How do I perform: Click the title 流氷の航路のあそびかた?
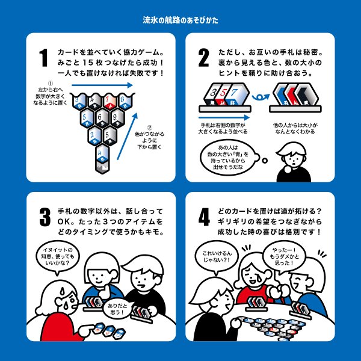pyautogui.click(x=180, y=20)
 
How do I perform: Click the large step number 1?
pyautogui.click(x=43, y=58)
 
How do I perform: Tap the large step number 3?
pyautogui.click(x=45, y=217)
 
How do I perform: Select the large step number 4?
pyautogui.click(x=204, y=217)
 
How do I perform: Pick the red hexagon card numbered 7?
pyautogui.click(x=110, y=102)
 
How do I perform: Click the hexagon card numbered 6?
pyautogui.click(x=102, y=118)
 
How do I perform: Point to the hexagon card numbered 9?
pyautogui.click(x=117, y=118)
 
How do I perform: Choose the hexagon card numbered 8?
pyautogui.click(x=126, y=102)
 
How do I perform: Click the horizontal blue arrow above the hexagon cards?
pyautogui.click(x=102, y=85)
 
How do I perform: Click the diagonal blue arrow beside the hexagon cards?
pyautogui.click(x=128, y=136)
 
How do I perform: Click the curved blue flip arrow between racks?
pyautogui.click(x=261, y=97)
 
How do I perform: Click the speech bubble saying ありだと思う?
pyautogui.click(x=117, y=309)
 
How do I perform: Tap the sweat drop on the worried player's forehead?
pyautogui.click(x=62, y=292)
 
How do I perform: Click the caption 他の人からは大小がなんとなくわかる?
pyautogui.click(x=295, y=129)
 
